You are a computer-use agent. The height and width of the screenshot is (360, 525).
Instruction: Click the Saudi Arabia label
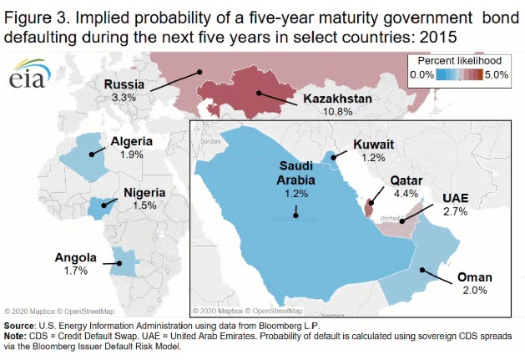pyautogui.click(x=295, y=171)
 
